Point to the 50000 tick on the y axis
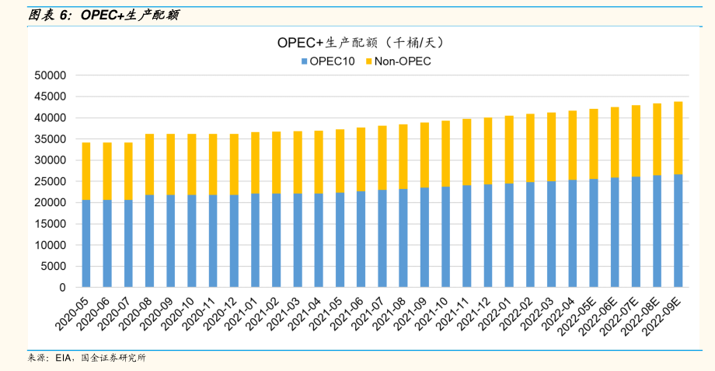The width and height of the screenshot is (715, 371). point(51,75)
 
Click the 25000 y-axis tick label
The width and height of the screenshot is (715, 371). point(51,181)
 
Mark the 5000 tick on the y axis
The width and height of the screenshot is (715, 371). point(54,266)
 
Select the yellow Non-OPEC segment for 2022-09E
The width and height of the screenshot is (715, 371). point(678,138)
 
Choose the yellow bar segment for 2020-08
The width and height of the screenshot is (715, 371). point(149,164)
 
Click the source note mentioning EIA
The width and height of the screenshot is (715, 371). point(86,358)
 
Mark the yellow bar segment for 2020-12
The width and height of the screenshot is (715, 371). point(234,164)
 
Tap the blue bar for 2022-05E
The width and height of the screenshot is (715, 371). point(593,233)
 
